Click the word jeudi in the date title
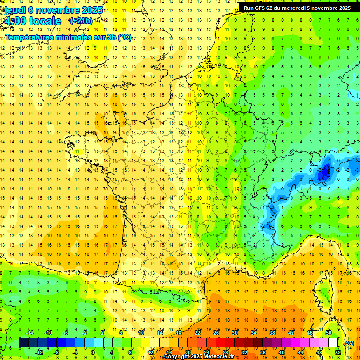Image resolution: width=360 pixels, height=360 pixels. pos(15,9)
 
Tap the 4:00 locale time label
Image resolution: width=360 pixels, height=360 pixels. pos(32,21)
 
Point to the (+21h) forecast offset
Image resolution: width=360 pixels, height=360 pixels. pos(81,21)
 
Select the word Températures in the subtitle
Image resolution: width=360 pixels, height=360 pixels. pos(28,37)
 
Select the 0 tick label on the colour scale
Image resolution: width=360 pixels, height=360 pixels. pos(93,352)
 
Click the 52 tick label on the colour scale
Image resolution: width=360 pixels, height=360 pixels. pos(337,352)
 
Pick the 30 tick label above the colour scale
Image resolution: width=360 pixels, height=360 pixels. pos(235,333)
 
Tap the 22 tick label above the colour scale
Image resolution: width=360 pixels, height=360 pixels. pos(197,333)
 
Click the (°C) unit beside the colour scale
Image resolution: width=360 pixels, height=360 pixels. pos(349,343)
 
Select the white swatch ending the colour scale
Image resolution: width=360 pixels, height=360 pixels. pos(333,343)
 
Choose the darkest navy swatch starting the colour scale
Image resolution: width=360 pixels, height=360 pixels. pos(23,343)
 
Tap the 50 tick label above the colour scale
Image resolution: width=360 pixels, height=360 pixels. pos(329,333)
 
